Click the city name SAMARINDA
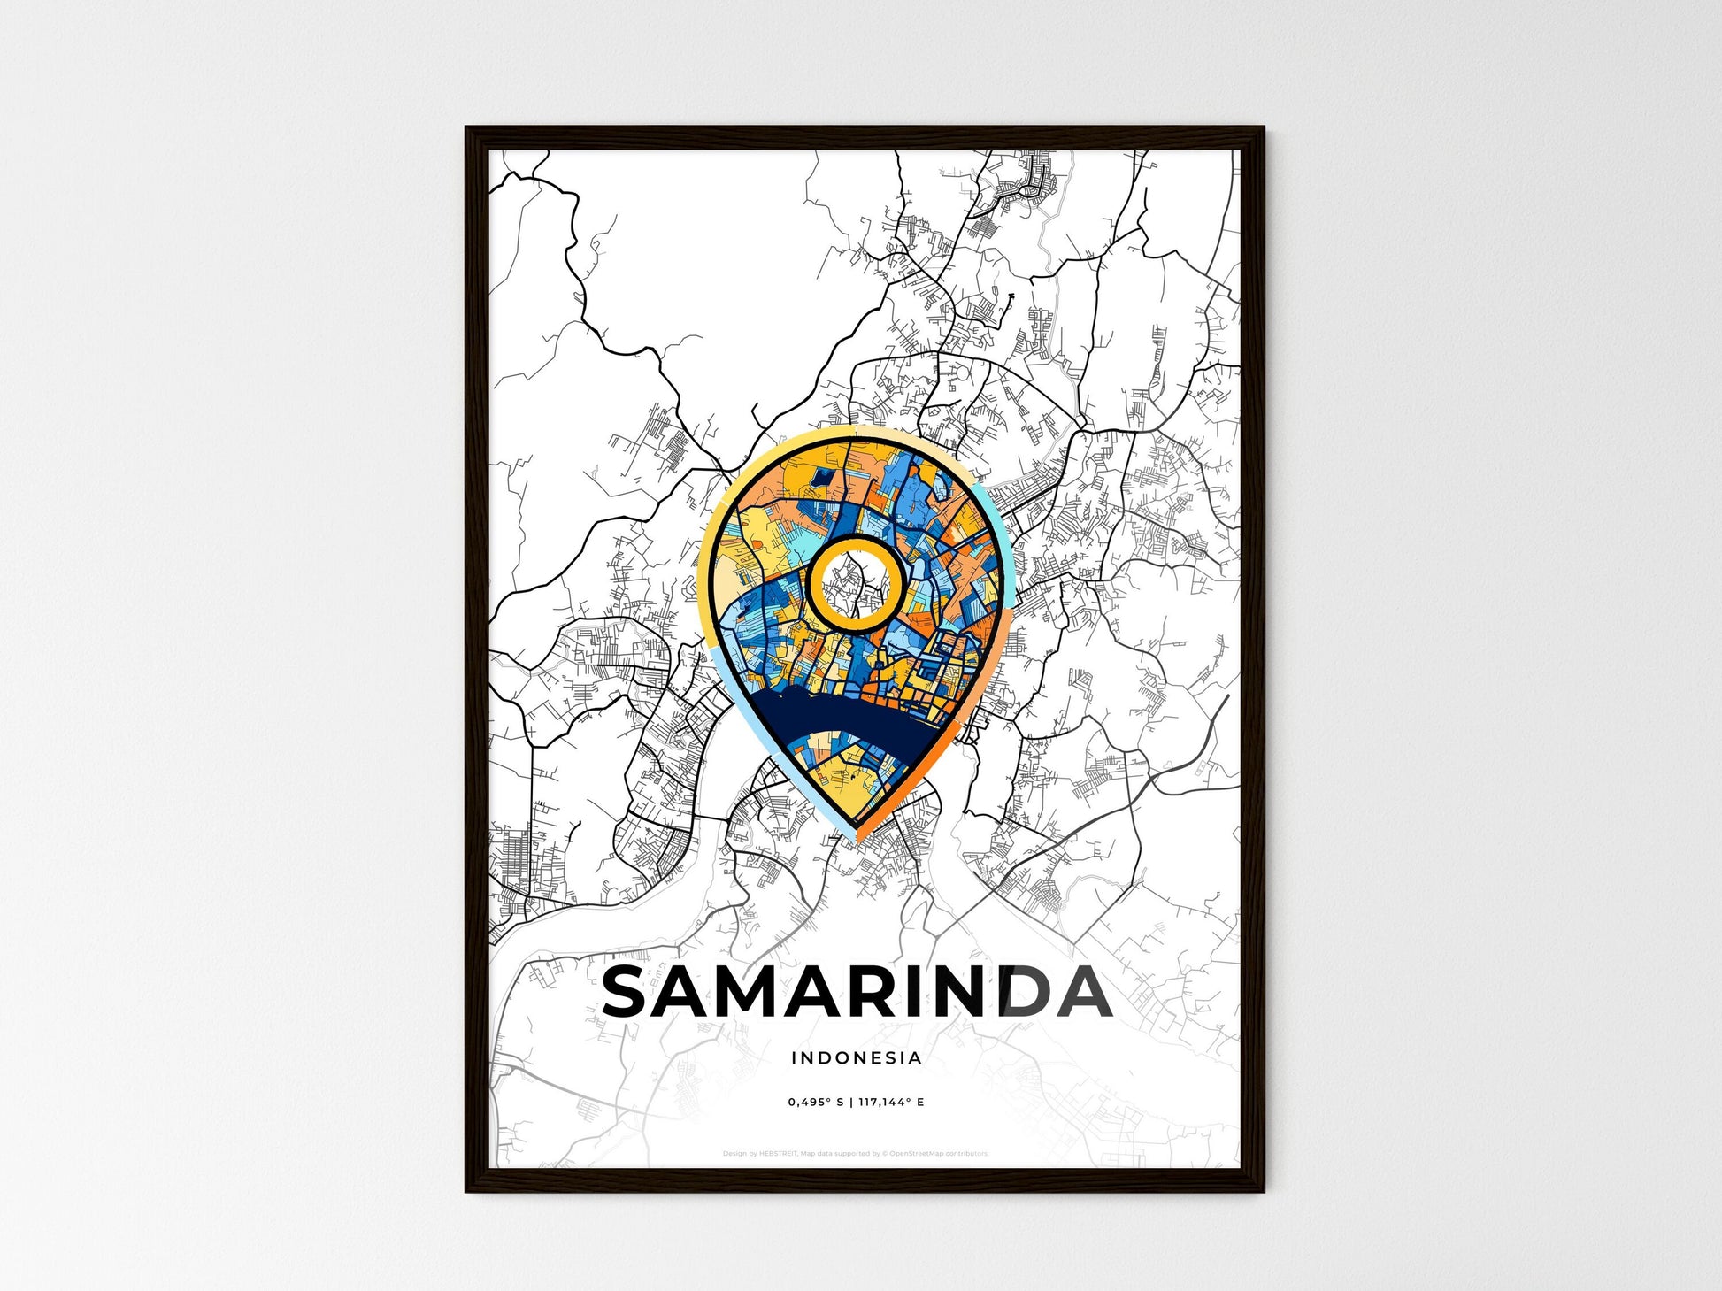(856, 992)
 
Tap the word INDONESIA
(856, 1057)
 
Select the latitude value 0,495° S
(815, 1102)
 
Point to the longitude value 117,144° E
(890, 1102)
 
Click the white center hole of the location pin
(855, 585)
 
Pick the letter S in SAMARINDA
(631, 992)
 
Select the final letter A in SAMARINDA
(1081, 992)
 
